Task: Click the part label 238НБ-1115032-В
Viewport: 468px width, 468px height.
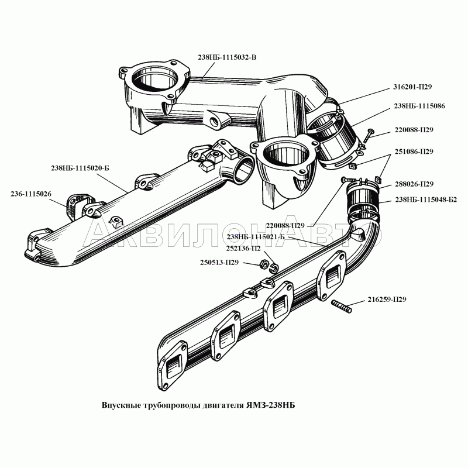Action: click(228, 57)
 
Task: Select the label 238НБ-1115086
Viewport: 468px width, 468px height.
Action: click(419, 107)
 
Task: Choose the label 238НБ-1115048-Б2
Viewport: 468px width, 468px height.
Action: click(426, 200)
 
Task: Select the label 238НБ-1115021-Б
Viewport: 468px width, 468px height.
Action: click(255, 237)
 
